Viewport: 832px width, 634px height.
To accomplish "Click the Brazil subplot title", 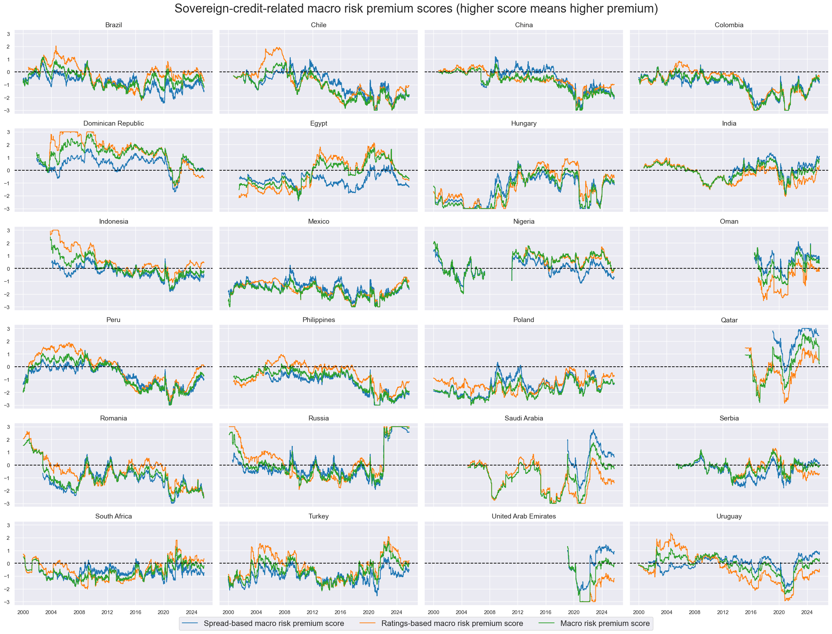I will point(113,25).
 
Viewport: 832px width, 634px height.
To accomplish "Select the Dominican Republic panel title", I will point(113,124).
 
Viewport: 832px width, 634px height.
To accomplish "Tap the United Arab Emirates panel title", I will point(523,516).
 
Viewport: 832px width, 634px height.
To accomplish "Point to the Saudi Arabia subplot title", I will point(523,418).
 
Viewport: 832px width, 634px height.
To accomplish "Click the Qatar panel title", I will point(729,320).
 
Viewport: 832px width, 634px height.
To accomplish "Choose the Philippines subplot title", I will point(319,320).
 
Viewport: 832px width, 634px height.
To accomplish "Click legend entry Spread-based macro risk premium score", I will point(273,624).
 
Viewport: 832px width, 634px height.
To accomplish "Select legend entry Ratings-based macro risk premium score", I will point(452,624).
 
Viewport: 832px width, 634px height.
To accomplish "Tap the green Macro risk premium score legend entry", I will point(604,624).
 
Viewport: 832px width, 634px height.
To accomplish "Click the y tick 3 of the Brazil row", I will point(8,34).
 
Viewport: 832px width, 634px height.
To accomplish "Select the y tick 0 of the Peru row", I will point(8,367).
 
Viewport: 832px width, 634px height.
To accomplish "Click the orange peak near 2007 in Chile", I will point(278,47).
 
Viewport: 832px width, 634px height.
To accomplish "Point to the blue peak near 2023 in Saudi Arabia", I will point(593,430).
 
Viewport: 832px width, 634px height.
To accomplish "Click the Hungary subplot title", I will point(523,124).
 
